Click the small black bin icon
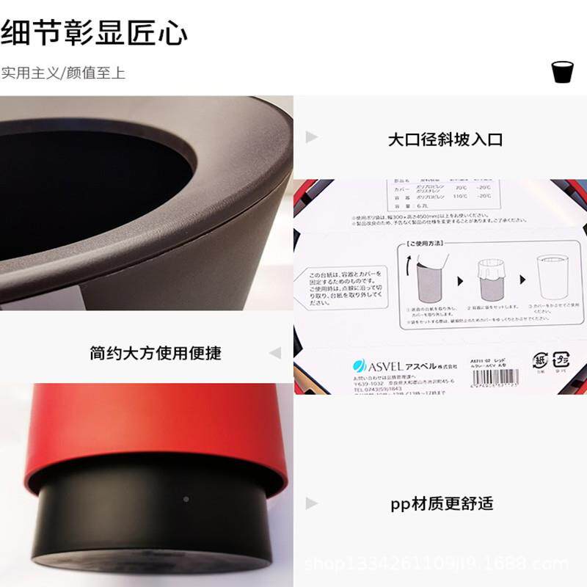click(x=561, y=72)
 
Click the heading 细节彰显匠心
click(x=94, y=33)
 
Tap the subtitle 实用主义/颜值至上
click(x=63, y=73)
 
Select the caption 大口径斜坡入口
click(x=445, y=139)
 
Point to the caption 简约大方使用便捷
click(x=156, y=353)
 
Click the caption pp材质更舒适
click(x=442, y=503)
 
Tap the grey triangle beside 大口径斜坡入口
click(x=312, y=137)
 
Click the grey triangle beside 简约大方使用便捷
click(x=274, y=353)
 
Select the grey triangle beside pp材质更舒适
click(x=312, y=503)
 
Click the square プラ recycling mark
click(x=561, y=361)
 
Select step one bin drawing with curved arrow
click(x=426, y=281)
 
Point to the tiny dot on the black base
click(x=186, y=499)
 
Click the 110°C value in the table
click(x=460, y=197)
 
